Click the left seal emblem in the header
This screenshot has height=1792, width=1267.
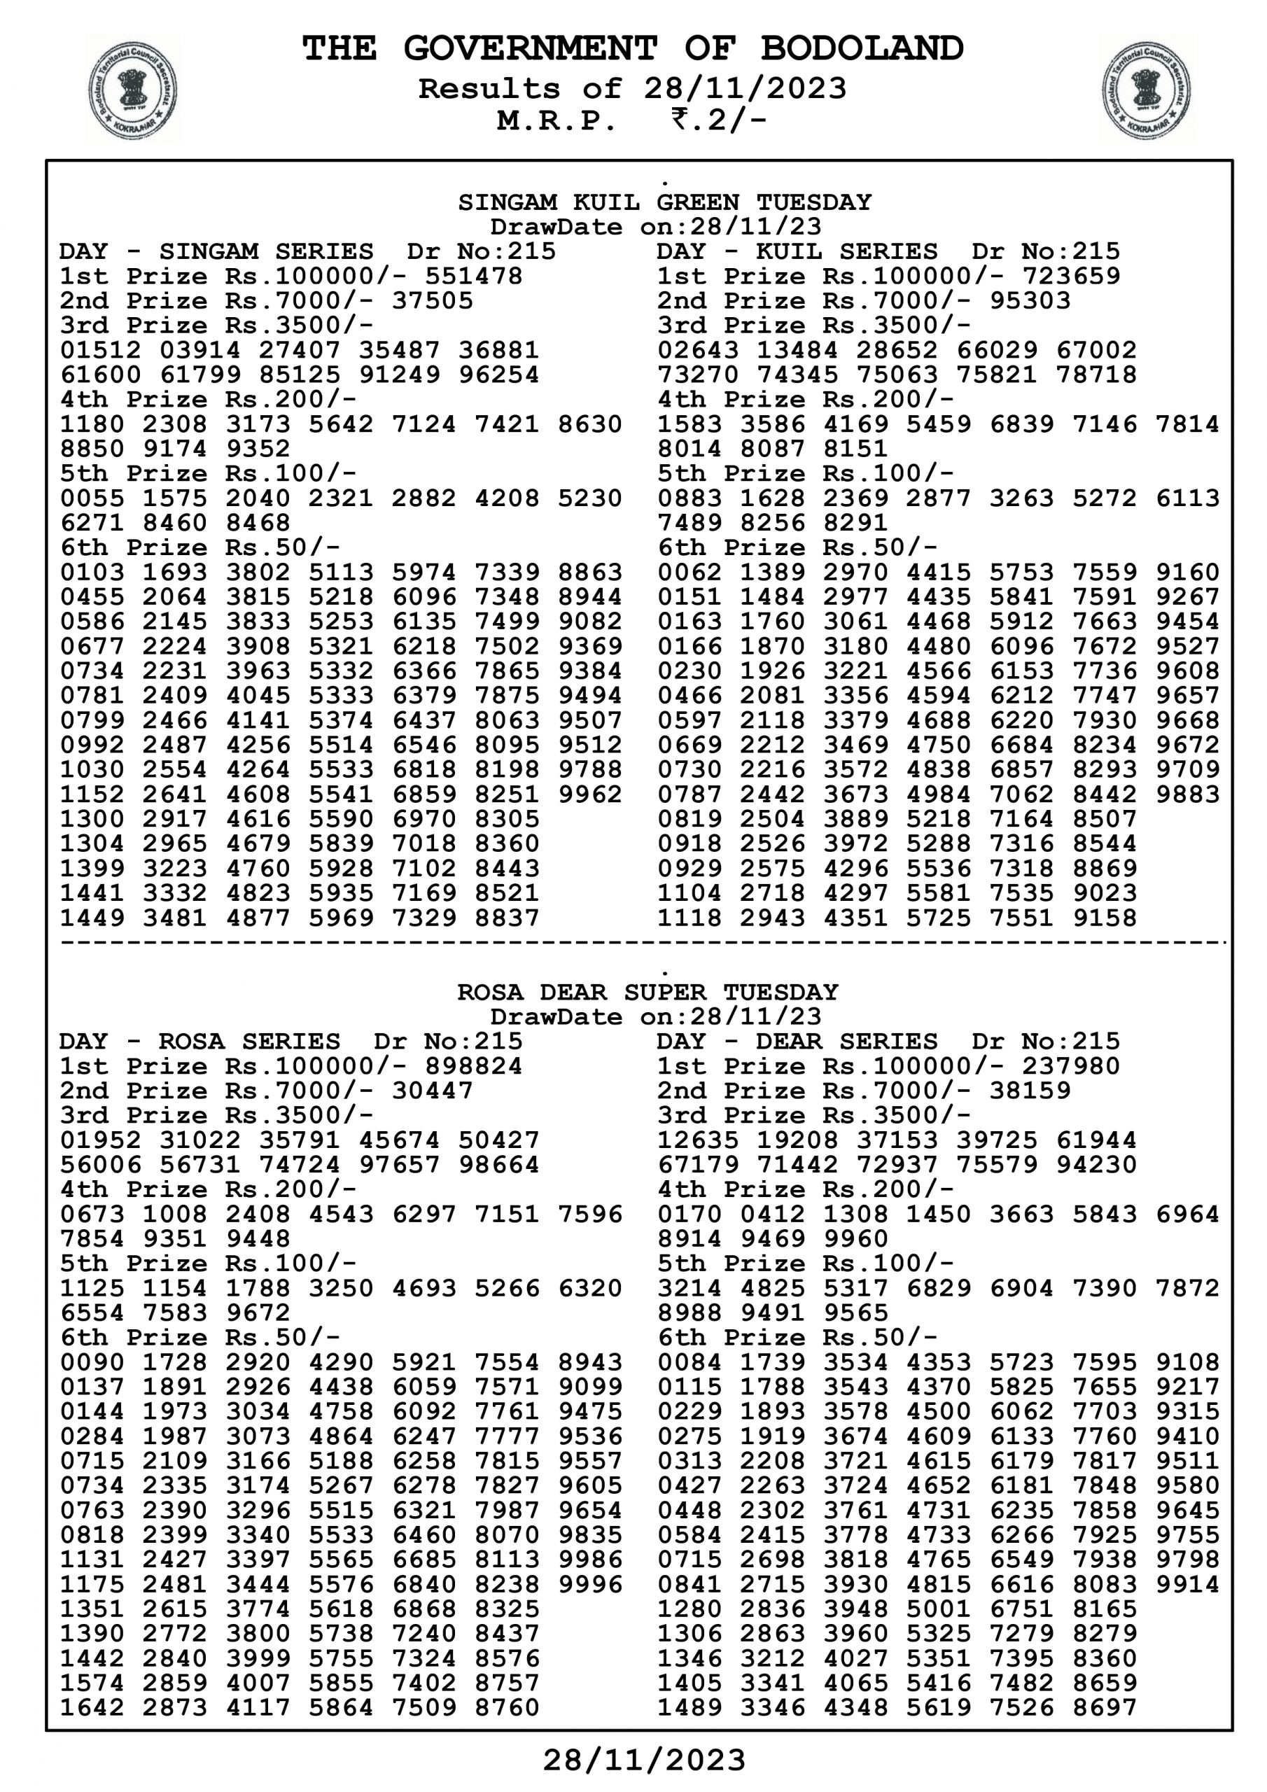point(131,90)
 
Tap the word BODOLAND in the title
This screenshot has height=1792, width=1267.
point(862,48)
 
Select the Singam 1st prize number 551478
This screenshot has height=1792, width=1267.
point(473,276)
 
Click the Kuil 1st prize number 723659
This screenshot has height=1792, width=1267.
point(1070,276)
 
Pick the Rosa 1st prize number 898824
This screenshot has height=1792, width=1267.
point(473,1066)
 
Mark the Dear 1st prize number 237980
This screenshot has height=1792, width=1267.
point(1070,1066)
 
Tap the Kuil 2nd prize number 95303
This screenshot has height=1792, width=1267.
point(1030,301)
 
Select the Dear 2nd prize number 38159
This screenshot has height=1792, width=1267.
point(1030,1091)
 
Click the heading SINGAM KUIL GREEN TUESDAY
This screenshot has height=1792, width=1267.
point(664,203)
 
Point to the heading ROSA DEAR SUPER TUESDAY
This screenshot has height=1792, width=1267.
point(647,993)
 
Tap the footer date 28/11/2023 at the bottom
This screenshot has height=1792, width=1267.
point(644,1760)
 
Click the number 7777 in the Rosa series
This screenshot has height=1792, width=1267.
point(507,1437)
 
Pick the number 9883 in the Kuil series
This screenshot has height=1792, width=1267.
point(1186,794)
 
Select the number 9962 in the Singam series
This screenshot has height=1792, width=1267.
point(589,794)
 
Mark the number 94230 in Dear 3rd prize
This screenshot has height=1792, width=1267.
point(1096,1165)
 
